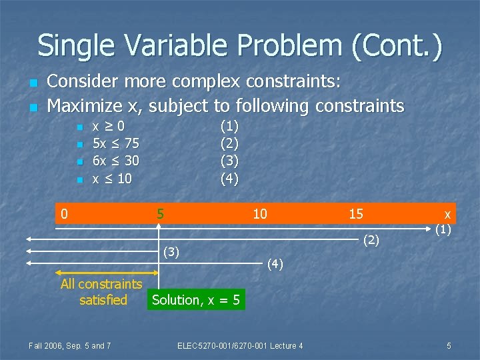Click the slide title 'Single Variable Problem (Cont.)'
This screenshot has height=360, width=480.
[x=239, y=45]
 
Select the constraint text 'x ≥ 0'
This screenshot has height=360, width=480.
[x=108, y=125]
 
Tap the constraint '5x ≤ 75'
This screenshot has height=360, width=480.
[x=115, y=143]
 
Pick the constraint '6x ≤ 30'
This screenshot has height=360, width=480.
[x=115, y=161]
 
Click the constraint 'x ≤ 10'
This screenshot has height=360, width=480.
[x=112, y=179]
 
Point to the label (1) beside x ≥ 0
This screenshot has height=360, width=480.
[x=229, y=125]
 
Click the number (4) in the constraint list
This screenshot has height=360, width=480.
[x=229, y=179]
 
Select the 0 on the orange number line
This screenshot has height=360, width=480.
[x=64, y=214]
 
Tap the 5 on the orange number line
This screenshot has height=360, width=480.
[x=160, y=214]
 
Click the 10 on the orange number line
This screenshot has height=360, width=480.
[x=259, y=214]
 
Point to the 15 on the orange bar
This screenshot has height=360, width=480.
[x=356, y=214]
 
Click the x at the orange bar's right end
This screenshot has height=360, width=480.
[x=447, y=214]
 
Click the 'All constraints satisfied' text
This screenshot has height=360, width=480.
[x=101, y=292]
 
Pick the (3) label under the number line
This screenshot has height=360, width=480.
[x=172, y=251]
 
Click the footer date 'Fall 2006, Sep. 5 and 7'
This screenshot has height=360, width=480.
[x=70, y=345]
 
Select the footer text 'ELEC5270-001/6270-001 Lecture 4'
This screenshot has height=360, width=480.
[x=240, y=345]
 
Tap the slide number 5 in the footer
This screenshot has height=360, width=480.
[x=449, y=345]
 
